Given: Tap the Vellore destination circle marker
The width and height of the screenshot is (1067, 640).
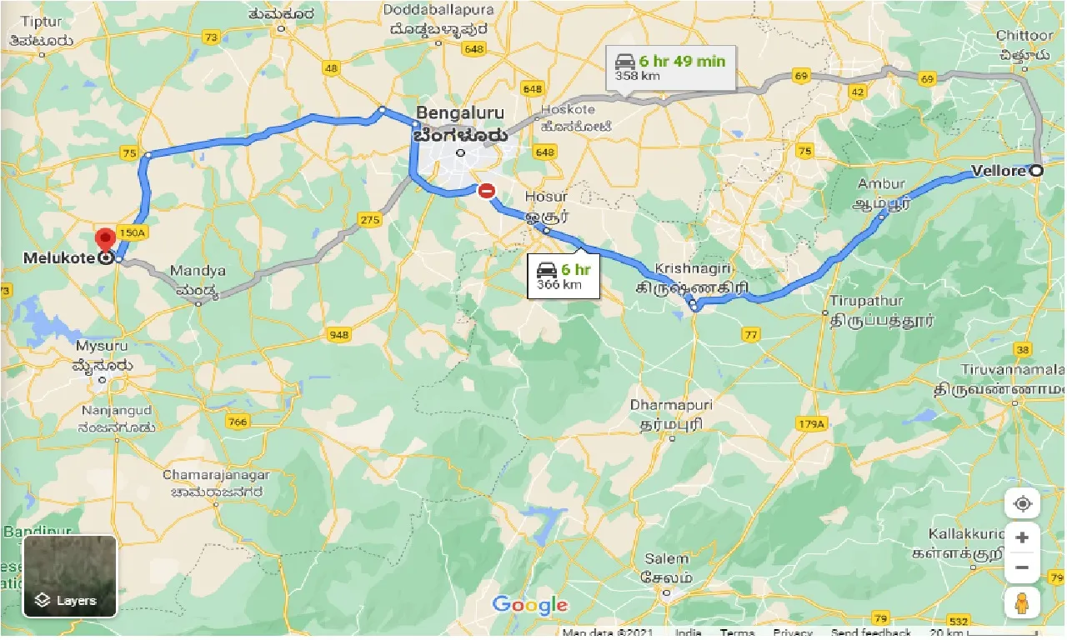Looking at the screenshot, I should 1036,171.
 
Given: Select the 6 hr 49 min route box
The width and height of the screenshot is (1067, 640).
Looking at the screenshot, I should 671,67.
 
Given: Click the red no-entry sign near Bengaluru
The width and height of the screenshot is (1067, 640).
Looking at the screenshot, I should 486,192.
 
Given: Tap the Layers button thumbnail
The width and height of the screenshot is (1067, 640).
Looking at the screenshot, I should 70,576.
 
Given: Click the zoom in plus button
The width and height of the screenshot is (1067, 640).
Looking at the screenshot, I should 1022,537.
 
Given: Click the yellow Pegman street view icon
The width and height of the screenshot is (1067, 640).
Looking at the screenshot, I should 1022,601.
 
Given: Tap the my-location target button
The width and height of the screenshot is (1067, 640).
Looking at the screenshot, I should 1022,504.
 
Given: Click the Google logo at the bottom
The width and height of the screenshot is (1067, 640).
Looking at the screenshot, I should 529,605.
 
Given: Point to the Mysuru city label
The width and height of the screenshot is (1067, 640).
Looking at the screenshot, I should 103,345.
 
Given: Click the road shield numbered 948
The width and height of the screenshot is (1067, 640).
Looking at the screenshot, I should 339,335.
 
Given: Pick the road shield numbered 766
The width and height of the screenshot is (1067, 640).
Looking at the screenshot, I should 238,422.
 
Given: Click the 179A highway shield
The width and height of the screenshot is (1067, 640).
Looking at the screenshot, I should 809,424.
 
